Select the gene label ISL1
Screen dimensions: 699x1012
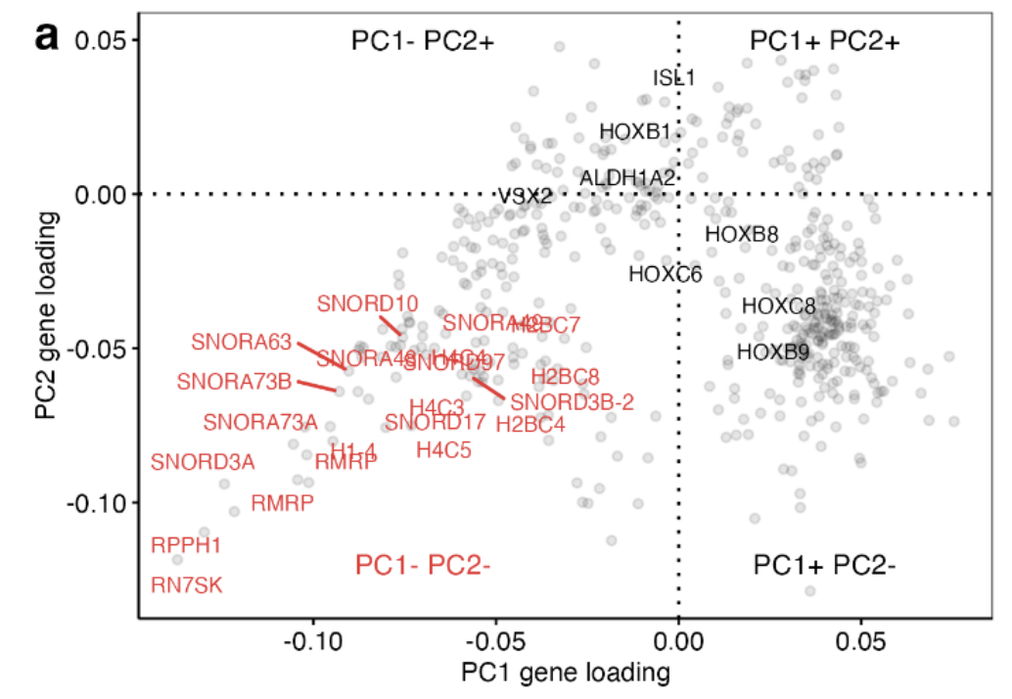point(674,78)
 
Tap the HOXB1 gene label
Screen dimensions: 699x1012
point(635,131)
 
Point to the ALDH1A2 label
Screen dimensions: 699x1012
point(627,178)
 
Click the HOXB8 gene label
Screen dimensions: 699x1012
point(742,234)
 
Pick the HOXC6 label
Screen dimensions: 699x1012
point(666,275)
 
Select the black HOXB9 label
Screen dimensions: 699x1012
point(772,351)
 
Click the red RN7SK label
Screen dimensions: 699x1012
point(187,585)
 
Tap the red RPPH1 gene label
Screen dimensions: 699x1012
point(186,544)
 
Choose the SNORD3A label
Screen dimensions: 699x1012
point(203,462)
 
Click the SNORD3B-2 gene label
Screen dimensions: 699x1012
point(573,400)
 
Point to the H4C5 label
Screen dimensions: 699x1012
point(444,450)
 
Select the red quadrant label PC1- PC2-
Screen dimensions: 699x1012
point(422,565)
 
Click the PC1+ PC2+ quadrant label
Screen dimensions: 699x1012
point(825,41)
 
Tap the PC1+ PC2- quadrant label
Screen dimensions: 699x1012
point(825,565)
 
